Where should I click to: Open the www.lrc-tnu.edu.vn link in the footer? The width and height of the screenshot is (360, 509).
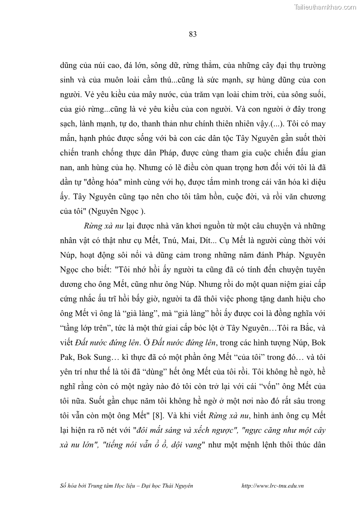[273, 485]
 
